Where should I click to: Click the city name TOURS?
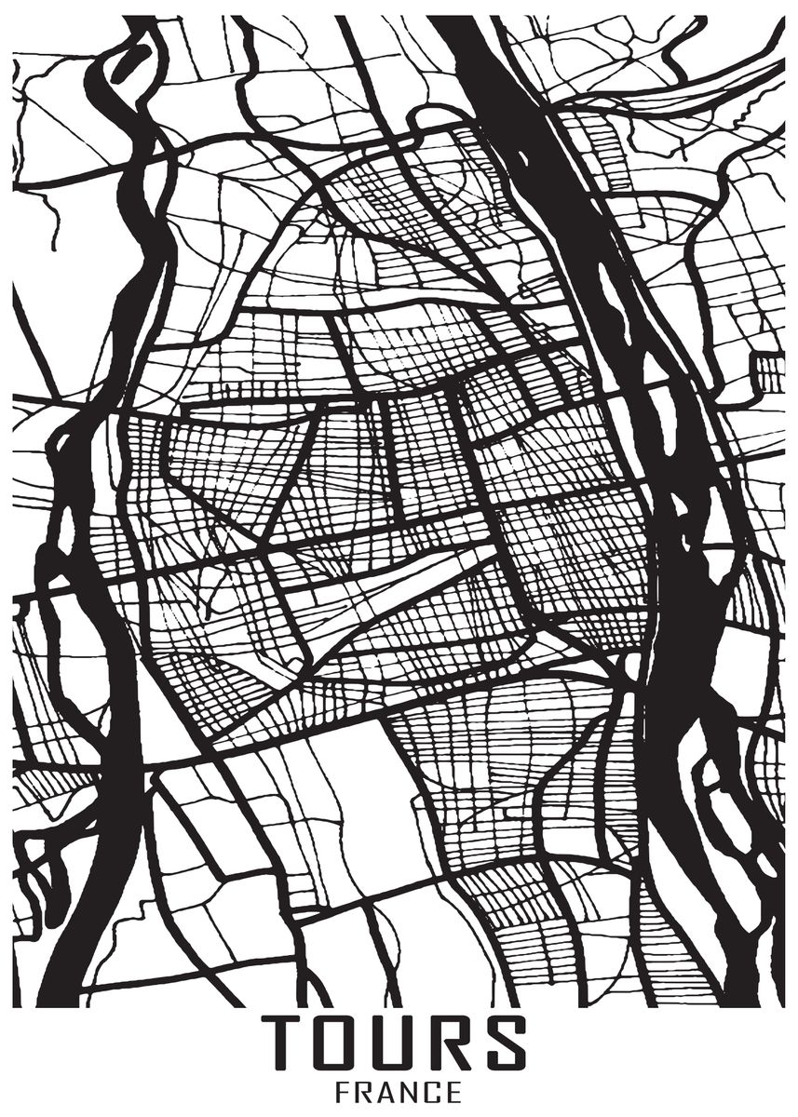click(394, 1043)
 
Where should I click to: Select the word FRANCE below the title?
click(399, 1092)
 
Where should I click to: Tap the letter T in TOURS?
click(282, 1043)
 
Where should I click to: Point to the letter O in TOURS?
click(337, 1043)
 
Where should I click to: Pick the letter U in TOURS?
click(395, 1043)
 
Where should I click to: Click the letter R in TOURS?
click(451, 1043)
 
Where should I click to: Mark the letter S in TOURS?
click(505, 1043)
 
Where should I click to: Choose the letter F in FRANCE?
click(343, 1092)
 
